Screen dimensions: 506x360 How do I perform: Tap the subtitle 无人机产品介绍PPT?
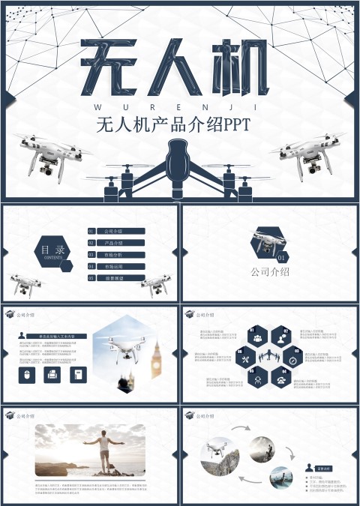click(x=179, y=124)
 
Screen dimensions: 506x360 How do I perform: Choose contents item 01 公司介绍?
click(x=116, y=232)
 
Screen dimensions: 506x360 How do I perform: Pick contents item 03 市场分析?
click(x=116, y=255)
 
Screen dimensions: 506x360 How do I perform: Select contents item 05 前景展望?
click(x=116, y=278)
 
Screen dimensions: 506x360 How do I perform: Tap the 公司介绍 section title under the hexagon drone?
click(x=270, y=272)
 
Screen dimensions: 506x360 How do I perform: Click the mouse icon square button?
click(x=28, y=374)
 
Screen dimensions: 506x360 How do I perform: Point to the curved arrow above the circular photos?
click(x=242, y=430)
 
